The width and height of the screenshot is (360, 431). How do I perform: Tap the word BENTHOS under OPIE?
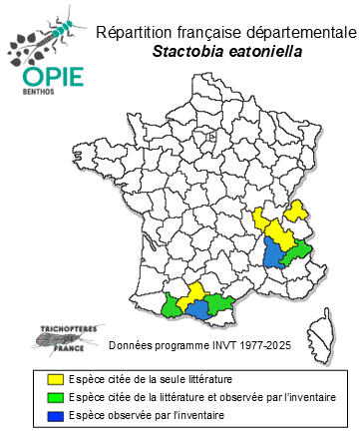[41, 99]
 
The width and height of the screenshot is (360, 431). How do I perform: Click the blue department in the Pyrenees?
[197, 307]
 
